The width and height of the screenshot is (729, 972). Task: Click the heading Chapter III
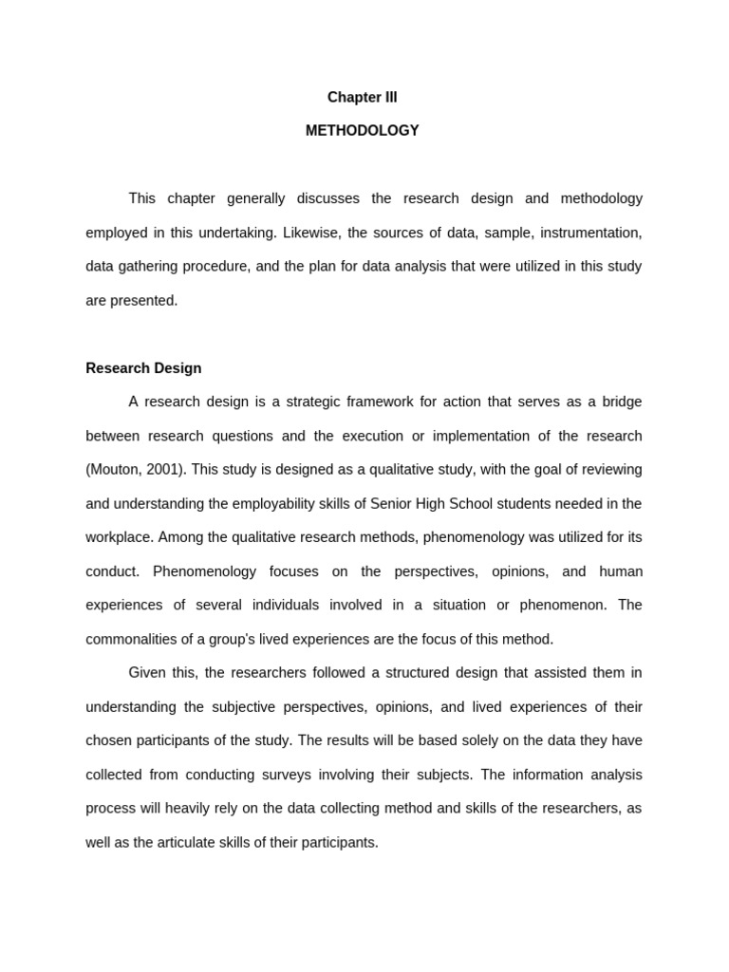pyautogui.click(x=362, y=98)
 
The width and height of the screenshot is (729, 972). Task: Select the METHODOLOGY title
pyautogui.click(x=362, y=131)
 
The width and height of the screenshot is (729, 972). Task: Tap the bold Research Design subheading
pyautogui.click(x=143, y=368)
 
